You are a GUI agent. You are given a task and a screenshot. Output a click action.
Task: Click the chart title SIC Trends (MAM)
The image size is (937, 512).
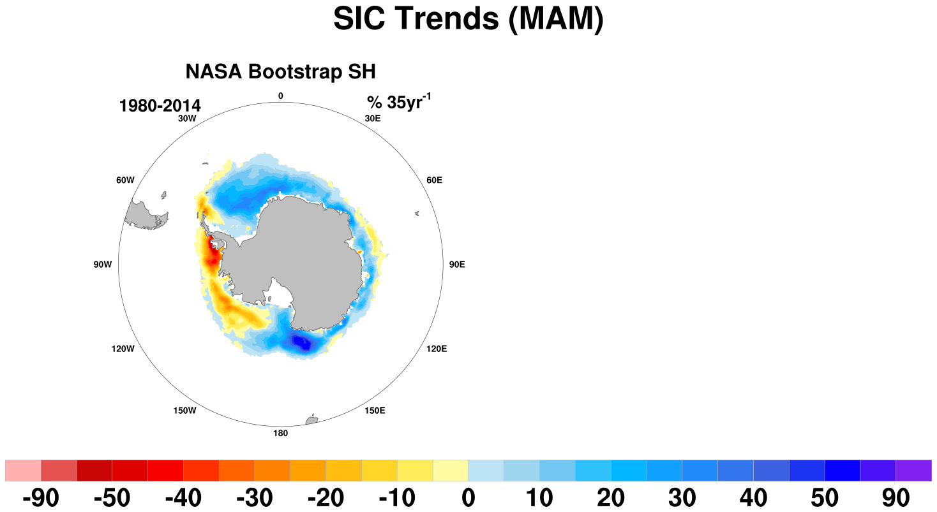[x=468, y=18]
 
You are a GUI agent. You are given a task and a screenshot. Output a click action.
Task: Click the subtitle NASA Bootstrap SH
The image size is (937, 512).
[x=281, y=71]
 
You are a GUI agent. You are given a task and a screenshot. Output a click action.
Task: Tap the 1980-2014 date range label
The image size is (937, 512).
[x=160, y=106]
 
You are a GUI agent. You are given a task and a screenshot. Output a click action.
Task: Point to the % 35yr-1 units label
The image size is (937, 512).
[x=399, y=102]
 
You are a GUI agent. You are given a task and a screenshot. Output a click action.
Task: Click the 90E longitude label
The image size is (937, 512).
[x=457, y=265]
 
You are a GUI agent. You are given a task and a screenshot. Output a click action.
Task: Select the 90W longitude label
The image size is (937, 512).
[x=103, y=265]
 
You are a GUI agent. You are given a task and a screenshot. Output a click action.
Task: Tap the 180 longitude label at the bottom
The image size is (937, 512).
[x=281, y=433]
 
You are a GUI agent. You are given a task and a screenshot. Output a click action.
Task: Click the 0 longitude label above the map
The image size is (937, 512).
[x=281, y=96]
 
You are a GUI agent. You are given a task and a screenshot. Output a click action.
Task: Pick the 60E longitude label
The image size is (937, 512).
[x=434, y=180]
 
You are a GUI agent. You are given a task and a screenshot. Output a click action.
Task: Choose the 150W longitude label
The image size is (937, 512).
[x=185, y=411]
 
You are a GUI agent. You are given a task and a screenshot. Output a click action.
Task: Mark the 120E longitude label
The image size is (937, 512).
[x=437, y=349]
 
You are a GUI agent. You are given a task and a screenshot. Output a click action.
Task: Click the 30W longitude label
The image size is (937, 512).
[x=187, y=119]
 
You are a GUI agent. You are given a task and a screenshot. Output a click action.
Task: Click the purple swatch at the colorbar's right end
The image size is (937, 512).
[x=913, y=471]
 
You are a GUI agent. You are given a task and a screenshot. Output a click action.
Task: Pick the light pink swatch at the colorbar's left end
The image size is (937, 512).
[x=23, y=471]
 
